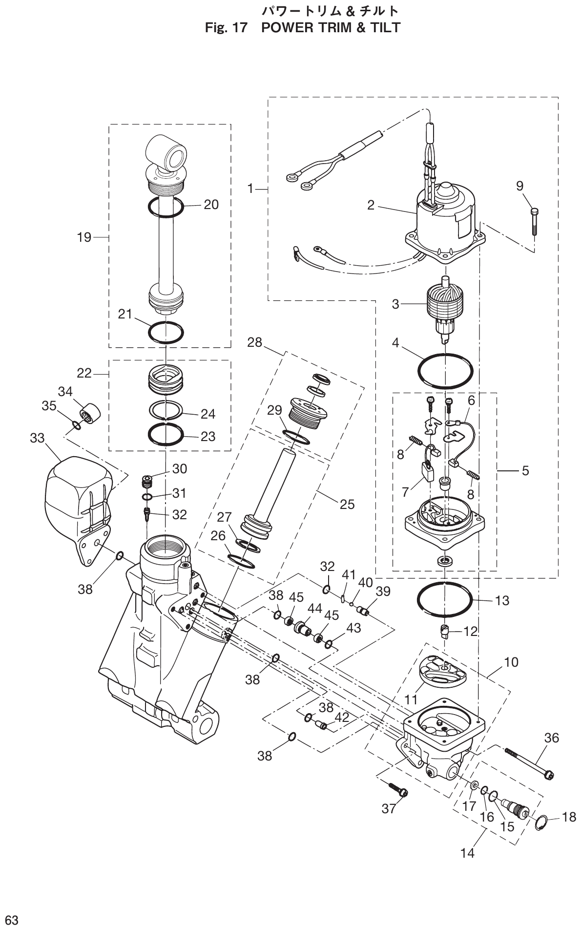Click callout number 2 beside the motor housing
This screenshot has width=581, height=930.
click(x=371, y=205)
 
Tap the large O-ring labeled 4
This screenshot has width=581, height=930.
click(x=445, y=371)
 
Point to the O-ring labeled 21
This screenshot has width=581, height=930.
click(x=166, y=332)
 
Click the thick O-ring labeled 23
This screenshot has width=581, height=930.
click(x=166, y=434)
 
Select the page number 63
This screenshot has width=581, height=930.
click(x=12, y=920)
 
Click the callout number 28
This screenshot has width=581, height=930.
click(x=254, y=342)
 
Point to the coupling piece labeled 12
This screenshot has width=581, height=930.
click(x=445, y=631)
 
